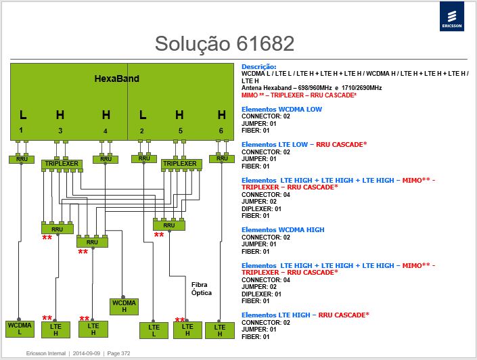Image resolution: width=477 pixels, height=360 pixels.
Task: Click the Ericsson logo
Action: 452,16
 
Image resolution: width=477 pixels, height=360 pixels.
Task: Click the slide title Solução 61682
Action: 225,43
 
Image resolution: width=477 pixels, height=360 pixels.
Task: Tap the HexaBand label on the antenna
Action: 117,78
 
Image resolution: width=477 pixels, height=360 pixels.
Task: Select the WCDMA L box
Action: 20,329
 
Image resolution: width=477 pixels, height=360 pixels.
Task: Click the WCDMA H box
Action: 124,307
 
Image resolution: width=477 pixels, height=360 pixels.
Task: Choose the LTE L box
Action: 154,330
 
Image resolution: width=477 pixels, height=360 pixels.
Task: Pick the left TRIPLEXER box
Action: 62,164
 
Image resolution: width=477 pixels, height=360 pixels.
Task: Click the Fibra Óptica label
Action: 202,289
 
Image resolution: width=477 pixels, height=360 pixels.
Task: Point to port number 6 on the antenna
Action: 221,131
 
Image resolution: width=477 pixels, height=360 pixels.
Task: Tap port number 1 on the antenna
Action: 21,130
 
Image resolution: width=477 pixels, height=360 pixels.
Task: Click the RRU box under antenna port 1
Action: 22,160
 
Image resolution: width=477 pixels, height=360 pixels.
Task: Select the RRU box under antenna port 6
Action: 222,158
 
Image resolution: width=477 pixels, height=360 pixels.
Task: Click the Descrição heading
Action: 259,66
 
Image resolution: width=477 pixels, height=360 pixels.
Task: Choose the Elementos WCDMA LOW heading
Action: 281,109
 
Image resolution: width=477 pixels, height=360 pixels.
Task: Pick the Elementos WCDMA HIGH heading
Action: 283,230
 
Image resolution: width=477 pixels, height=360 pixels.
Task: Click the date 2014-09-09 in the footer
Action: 87,353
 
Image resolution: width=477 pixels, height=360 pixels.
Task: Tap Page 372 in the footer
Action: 118,353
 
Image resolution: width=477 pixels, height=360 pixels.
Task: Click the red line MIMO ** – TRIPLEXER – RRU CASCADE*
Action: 299,95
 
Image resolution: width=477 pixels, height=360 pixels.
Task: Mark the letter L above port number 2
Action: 143,115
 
